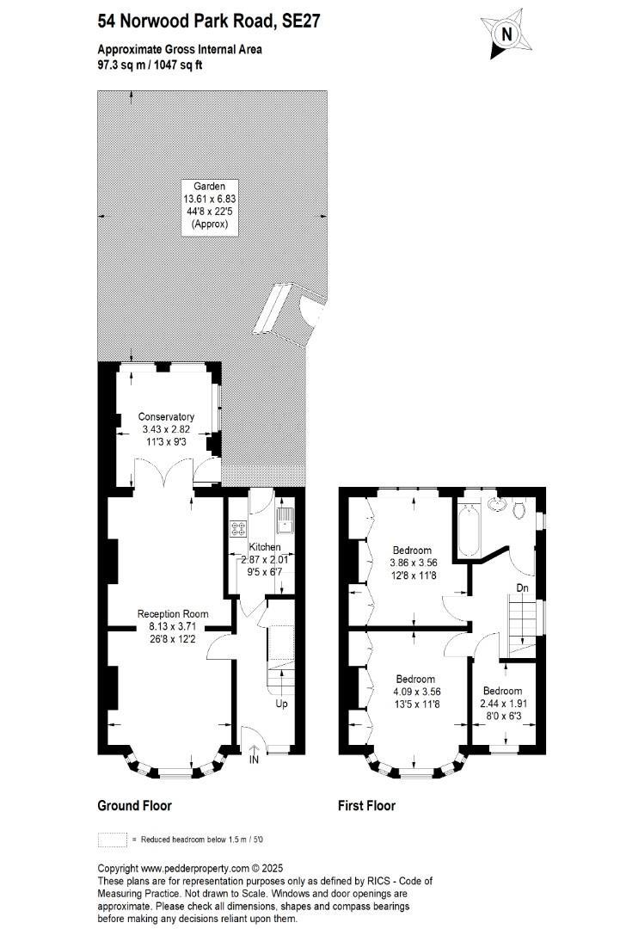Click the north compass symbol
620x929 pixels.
tap(506, 34)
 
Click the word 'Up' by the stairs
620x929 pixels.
tap(281, 704)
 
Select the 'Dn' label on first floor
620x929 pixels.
tap(522, 588)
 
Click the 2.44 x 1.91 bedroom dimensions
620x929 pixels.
tap(502, 703)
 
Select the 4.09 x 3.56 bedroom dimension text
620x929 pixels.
tap(416, 691)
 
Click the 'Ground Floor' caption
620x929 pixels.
tap(134, 806)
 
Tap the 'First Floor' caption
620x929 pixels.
tap(366, 806)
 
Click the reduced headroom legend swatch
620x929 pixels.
tap(112, 839)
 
